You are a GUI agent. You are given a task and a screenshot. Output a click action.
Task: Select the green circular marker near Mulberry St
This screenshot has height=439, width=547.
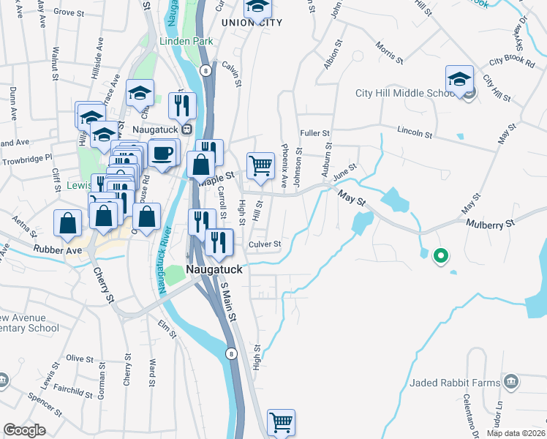440,256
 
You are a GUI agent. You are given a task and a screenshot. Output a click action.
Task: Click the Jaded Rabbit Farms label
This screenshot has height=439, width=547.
454,382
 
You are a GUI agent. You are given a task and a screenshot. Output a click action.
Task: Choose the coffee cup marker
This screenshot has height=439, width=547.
162,154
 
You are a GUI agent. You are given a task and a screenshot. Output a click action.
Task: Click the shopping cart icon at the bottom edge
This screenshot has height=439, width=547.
281,422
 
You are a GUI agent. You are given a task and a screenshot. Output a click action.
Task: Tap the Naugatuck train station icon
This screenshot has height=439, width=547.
186,130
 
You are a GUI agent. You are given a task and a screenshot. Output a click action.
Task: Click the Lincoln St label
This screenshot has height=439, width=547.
415,135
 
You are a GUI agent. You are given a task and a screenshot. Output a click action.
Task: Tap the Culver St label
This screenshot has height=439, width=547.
265,244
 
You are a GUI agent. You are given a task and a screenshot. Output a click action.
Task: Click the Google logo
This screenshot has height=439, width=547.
25,430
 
